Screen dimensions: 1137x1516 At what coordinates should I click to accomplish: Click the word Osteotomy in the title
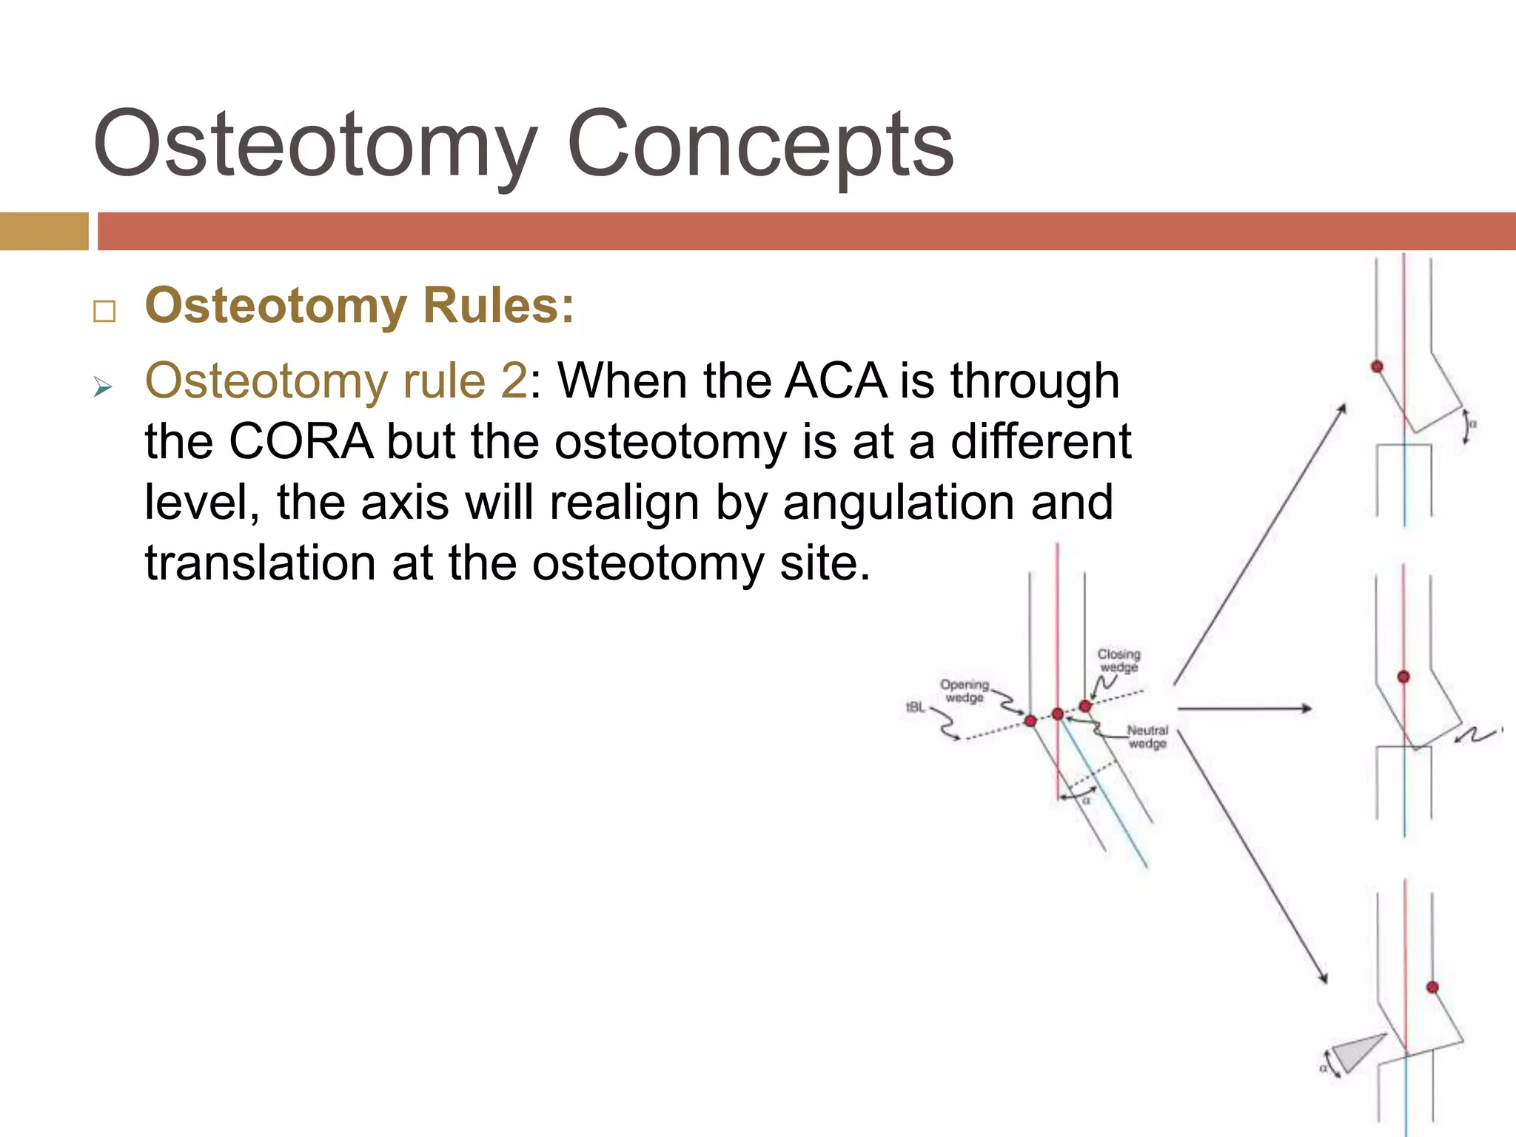tap(315, 144)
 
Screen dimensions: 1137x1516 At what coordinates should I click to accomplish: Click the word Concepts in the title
tap(760, 144)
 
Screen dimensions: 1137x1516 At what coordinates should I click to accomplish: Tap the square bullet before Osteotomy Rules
tap(104, 312)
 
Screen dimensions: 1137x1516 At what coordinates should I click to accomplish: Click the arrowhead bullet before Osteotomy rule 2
tap(103, 386)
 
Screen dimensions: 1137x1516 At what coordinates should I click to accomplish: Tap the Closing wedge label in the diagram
tap(1118, 660)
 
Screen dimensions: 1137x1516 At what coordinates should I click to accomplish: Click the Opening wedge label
tap(965, 691)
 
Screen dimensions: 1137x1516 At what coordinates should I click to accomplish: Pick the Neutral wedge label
tap(1147, 737)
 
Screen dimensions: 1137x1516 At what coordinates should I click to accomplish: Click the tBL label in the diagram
tap(916, 708)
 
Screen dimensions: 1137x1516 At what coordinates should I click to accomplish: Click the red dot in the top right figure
tap(1377, 366)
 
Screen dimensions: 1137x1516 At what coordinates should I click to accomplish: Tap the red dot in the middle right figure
tap(1403, 677)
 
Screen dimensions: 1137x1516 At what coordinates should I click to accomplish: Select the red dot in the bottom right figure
tap(1432, 987)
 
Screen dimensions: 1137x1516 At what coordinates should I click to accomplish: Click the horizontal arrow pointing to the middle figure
tap(1244, 709)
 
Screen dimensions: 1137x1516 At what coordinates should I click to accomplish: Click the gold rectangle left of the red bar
tap(44, 231)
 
